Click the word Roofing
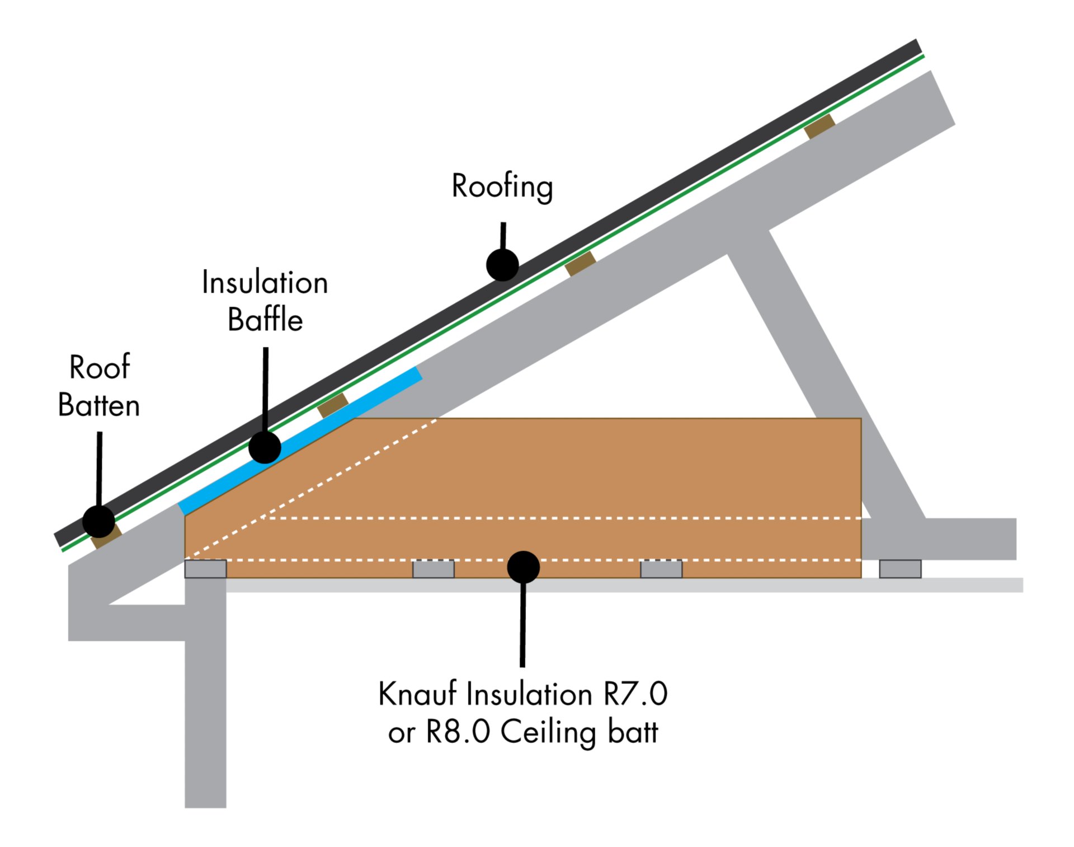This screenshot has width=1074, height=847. coord(502,186)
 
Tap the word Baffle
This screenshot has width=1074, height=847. coord(265,320)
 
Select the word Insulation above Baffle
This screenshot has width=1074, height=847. coord(265,283)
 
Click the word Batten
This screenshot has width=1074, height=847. coord(99,405)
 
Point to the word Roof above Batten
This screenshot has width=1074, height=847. coord(100,367)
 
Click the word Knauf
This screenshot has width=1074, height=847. coord(417,694)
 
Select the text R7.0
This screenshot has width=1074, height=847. coord(635,694)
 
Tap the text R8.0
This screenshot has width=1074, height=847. coord(458,732)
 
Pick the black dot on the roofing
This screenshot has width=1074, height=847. coord(502,265)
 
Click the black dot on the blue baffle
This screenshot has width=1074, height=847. coord(265,447)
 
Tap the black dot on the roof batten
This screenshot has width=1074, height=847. coord(98,521)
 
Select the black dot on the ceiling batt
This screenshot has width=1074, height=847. coord(523,567)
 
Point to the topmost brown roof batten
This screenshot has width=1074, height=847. coord(819,126)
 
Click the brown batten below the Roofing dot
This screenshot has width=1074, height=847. coord(580,263)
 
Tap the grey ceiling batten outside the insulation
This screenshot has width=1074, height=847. coord(900,569)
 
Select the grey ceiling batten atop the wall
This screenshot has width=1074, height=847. coord(205,569)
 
